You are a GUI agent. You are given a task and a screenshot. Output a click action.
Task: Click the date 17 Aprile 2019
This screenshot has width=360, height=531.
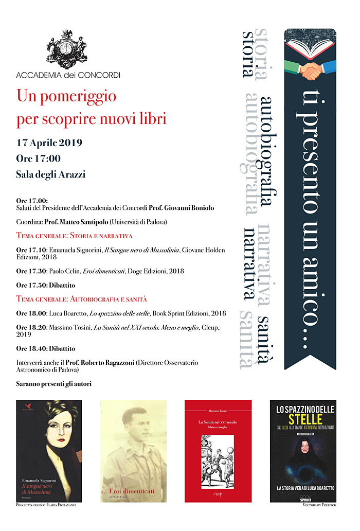49,143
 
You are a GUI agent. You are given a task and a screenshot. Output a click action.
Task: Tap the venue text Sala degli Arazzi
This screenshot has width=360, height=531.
51,174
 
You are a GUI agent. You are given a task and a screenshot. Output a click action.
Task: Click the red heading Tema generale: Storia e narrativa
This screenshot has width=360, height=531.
75,236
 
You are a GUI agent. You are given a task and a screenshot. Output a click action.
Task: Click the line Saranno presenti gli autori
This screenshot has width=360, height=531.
53,384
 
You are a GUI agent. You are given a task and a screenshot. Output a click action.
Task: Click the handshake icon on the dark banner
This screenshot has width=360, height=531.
311,70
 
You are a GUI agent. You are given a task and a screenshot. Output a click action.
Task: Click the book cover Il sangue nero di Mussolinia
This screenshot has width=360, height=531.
42,451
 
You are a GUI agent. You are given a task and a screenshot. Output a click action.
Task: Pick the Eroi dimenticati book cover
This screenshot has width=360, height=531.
133,451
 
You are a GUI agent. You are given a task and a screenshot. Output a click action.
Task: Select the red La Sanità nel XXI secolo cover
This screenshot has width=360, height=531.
218,451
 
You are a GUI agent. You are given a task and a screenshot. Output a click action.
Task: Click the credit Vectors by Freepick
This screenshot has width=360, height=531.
319,506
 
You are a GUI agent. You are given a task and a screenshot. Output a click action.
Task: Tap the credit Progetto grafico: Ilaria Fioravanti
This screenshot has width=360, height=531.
46,506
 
